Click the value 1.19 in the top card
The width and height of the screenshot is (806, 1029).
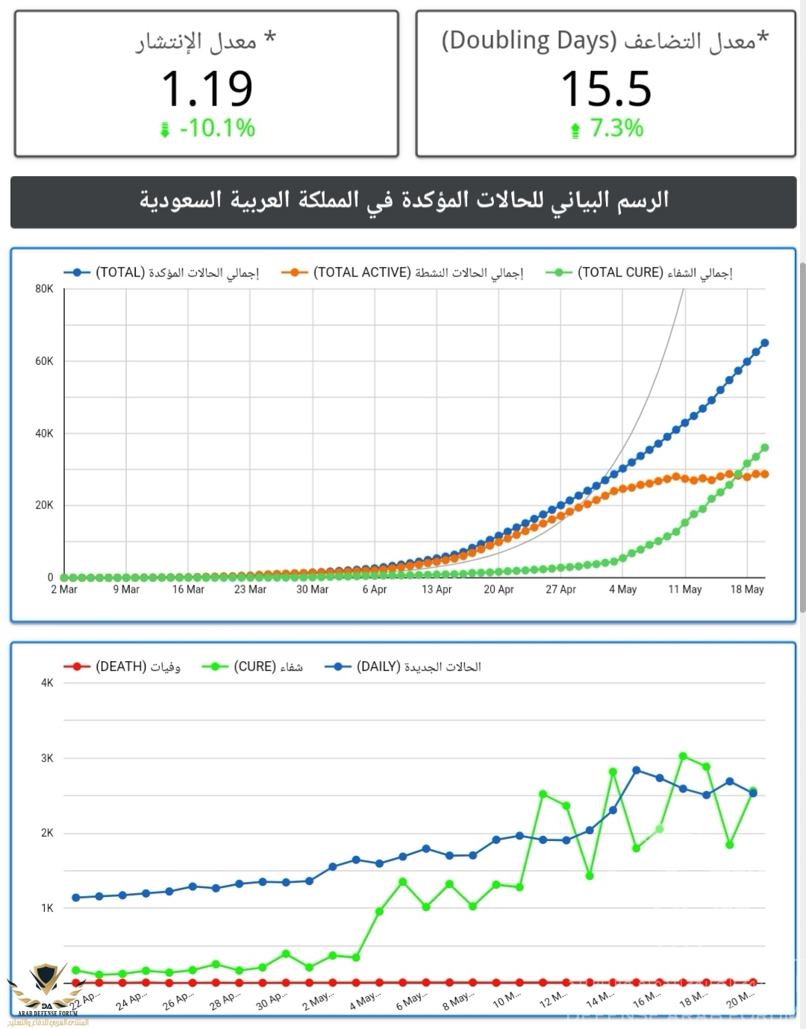click(207, 89)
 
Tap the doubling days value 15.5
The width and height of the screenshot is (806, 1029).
click(606, 89)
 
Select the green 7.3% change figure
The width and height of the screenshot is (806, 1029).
click(616, 128)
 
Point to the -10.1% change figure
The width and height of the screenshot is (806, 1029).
click(217, 128)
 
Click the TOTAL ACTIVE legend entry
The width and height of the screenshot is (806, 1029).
click(403, 273)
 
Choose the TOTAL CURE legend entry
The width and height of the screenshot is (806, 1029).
click(640, 273)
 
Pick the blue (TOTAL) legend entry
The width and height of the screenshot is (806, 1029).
click(162, 273)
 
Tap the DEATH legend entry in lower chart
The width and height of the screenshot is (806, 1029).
click(123, 666)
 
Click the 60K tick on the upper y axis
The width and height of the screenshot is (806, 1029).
click(45, 361)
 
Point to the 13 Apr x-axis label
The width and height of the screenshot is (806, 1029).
click(437, 589)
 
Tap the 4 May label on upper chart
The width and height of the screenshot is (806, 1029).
click(622, 589)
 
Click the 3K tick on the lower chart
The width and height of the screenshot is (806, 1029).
click(47, 758)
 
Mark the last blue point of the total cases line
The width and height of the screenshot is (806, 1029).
click(764, 343)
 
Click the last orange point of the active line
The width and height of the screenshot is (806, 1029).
click(764, 474)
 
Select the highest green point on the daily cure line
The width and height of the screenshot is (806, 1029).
click(683, 756)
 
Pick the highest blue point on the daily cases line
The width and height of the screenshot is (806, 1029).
click(637, 770)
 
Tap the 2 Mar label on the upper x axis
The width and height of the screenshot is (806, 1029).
click(64, 589)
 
